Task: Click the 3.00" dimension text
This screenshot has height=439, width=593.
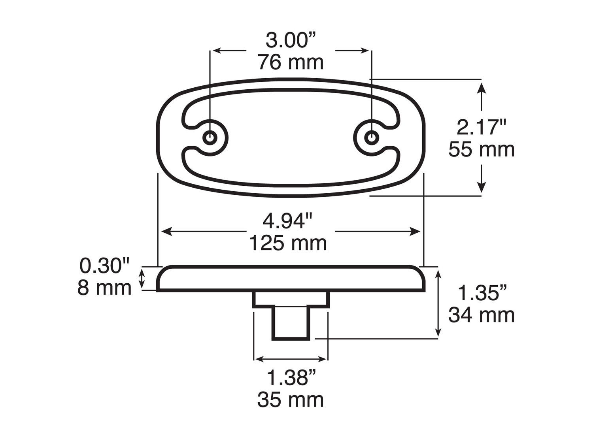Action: click(x=291, y=41)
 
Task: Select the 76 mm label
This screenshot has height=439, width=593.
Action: click(x=291, y=62)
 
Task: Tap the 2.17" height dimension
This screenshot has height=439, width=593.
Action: click(x=481, y=128)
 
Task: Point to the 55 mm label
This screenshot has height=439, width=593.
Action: click(x=481, y=149)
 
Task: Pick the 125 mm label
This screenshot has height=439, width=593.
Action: click(x=288, y=243)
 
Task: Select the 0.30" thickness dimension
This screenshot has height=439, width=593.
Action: click(x=105, y=266)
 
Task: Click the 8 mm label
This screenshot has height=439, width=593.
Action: click(x=105, y=288)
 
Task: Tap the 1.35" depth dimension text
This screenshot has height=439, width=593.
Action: click(x=482, y=293)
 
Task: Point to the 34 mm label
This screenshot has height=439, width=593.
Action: click(x=482, y=315)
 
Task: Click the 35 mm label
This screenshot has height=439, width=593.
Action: click(x=291, y=400)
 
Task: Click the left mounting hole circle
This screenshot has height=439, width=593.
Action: click(x=210, y=138)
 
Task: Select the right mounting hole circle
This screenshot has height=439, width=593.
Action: click(x=371, y=138)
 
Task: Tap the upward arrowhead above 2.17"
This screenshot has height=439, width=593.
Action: click(x=481, y=86)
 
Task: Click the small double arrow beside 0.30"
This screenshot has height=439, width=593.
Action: click(x=142, y=279)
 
